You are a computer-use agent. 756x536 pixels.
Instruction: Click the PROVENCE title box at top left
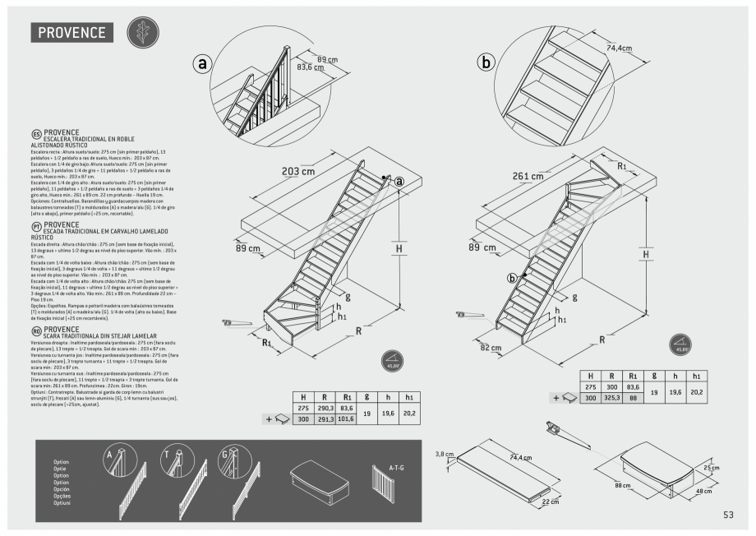[x=72, y=33]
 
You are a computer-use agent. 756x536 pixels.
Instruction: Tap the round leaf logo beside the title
[x=141, y=32]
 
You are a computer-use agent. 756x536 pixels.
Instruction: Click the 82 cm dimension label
[x=490, y=348]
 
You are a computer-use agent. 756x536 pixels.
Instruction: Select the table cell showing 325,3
[x=612, y=398]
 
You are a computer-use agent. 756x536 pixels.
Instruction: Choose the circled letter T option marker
[x=168, y=454]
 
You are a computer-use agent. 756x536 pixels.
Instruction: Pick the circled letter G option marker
[x=224, y=454]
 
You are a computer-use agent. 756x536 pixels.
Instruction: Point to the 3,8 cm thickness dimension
[x=444, y=454]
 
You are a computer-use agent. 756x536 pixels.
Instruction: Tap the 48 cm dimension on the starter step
[x=703, y=491]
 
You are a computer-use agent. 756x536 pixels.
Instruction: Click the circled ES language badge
[x=36, y=135]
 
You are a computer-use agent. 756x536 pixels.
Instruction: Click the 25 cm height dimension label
[x=712, y=468]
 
